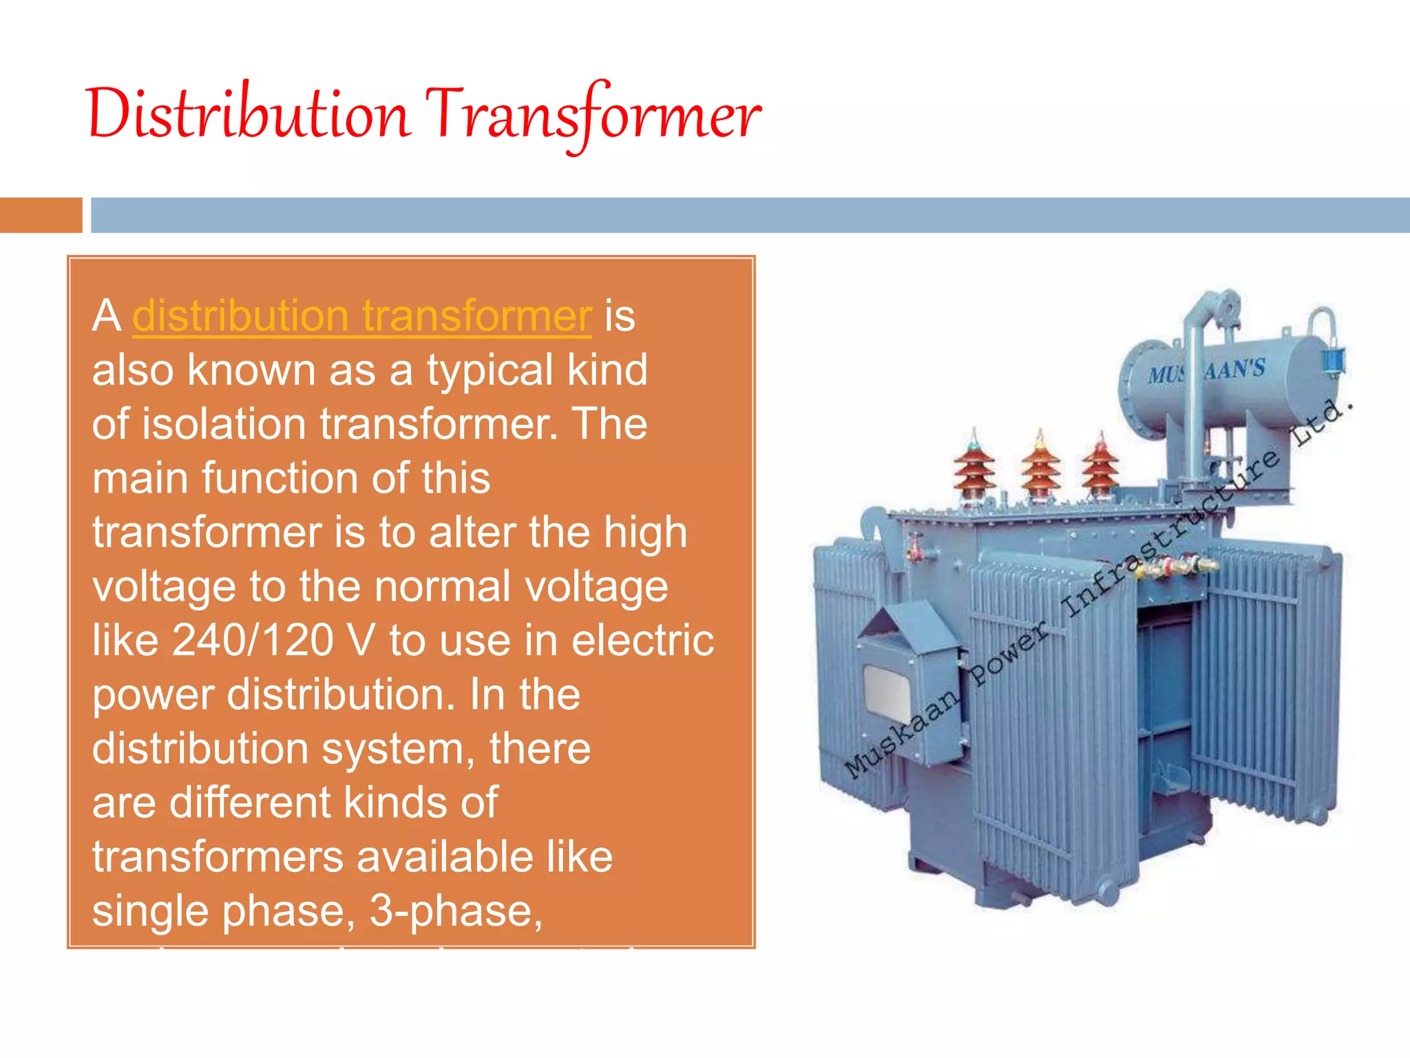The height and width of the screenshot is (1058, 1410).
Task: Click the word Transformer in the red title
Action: pos(593,114)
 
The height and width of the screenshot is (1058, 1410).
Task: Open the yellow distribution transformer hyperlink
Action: pos(361,316)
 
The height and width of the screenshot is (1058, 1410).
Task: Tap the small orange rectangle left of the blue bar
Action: pos(41,215)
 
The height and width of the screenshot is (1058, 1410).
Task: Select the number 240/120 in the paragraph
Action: pos(253,640)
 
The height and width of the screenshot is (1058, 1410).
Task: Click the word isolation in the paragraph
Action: pos(224,424)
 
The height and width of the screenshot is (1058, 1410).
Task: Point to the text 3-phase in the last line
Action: pos(456,910)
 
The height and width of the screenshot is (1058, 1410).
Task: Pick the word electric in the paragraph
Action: pos(642,640)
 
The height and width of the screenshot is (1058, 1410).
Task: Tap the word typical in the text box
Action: pos(490,370)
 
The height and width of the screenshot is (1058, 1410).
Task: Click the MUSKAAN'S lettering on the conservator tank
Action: pos(1206,371)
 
